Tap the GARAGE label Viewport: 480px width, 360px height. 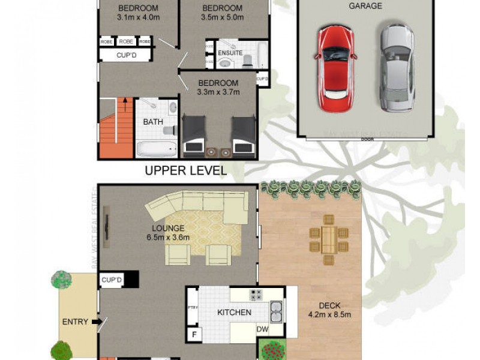[x=366, y=6]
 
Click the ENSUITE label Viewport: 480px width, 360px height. [x=230, y=53]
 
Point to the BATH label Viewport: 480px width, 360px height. [x=152, y=122]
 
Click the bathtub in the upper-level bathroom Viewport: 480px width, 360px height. [x=156, y=148]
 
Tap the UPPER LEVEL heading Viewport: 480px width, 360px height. [x=186, y=170]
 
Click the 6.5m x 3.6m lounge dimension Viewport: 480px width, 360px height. [x=168, y=237]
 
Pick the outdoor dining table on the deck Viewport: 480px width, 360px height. [x=328, y=240]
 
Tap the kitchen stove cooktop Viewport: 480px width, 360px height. [x=256, y=295]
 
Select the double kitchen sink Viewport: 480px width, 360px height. [x=276, y=311]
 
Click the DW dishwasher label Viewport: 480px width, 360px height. [x=262, y=329]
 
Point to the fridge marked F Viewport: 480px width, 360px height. [x=194, y=334]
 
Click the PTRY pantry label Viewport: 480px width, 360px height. [x=193, y=308]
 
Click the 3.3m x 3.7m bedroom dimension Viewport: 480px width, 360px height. [x=218, y=92]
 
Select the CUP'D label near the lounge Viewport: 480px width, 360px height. [x=112, y=280]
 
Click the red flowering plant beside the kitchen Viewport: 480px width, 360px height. [x=273, y=350]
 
